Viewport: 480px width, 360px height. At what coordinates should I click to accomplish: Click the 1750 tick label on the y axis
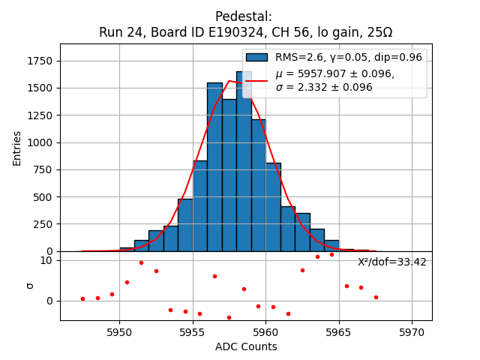[x=40, y=61]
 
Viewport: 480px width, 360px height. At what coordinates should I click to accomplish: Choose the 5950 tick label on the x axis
[x=119, y=331]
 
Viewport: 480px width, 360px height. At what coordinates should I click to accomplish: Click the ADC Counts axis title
[x=246, y=346]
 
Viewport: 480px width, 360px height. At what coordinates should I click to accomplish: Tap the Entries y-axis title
[x=17, y=148]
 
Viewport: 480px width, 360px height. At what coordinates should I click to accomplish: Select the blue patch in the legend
[x=256, y=57]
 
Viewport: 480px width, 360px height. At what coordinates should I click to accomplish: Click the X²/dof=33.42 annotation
[x=392, y=262]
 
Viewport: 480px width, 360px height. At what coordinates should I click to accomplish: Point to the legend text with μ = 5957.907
[x=334, y=74]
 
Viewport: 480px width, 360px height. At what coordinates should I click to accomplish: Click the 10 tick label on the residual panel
[x=46, y=260]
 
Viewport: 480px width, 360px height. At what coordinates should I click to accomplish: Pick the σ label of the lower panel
[x=30, y=285]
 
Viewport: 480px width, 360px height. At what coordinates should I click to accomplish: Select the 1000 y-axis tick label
[x=43, y=142]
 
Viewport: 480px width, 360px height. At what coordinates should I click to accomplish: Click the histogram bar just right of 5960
[x=273, y=207]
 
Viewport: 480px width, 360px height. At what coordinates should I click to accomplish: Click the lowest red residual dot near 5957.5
[x=229, y=317]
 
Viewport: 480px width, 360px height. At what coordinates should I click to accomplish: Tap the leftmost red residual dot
[x=82, y=298]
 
